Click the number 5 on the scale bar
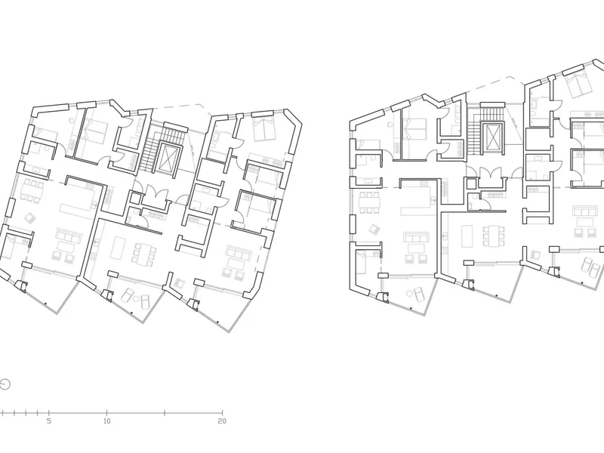(x=49, y=421)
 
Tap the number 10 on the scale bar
(x=106, y=421)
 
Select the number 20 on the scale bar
(x=222, y=421)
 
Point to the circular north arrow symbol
(x=5, y=384)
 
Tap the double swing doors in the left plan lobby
(x=154, y=193)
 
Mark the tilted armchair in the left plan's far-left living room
(x=29, y=218)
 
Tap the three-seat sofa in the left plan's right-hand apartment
(x=239, y=253)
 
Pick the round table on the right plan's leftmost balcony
(x=408, y=294)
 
